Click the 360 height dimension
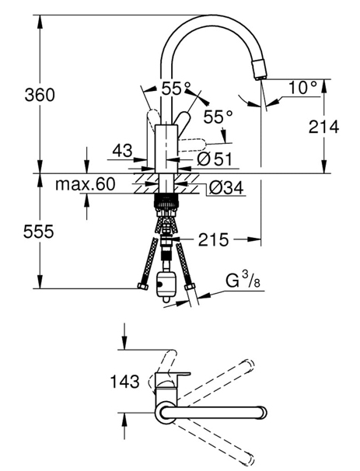[x=40, y=95]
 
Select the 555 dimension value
[x=39, y=232]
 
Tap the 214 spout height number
[x=323, y=127]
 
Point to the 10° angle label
[x=302, y=87]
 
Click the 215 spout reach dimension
[x=213, y=239]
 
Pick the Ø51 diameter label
[x=215, y=159]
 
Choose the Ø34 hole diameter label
[x=226, y=188]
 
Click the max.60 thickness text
[x=85, y=184]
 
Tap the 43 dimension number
[x=122, y=150]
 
